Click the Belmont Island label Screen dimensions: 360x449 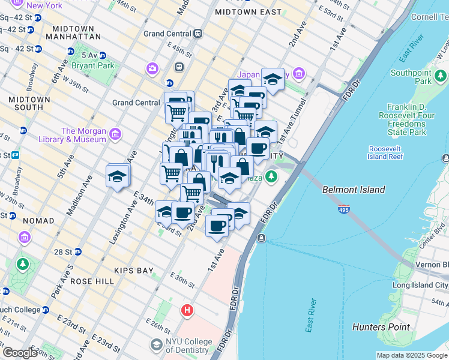coord(354,190)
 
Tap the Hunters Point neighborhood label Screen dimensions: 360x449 coord(381,327)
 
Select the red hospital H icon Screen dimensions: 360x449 coord(187,310)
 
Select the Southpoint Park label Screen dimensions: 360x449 coord(411,77)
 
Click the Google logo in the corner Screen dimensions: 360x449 coord(20,353)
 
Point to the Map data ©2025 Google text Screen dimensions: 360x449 coord(411,355)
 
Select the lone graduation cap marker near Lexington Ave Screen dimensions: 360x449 coord(118,176)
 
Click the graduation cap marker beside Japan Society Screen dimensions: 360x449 coord(273,79)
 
